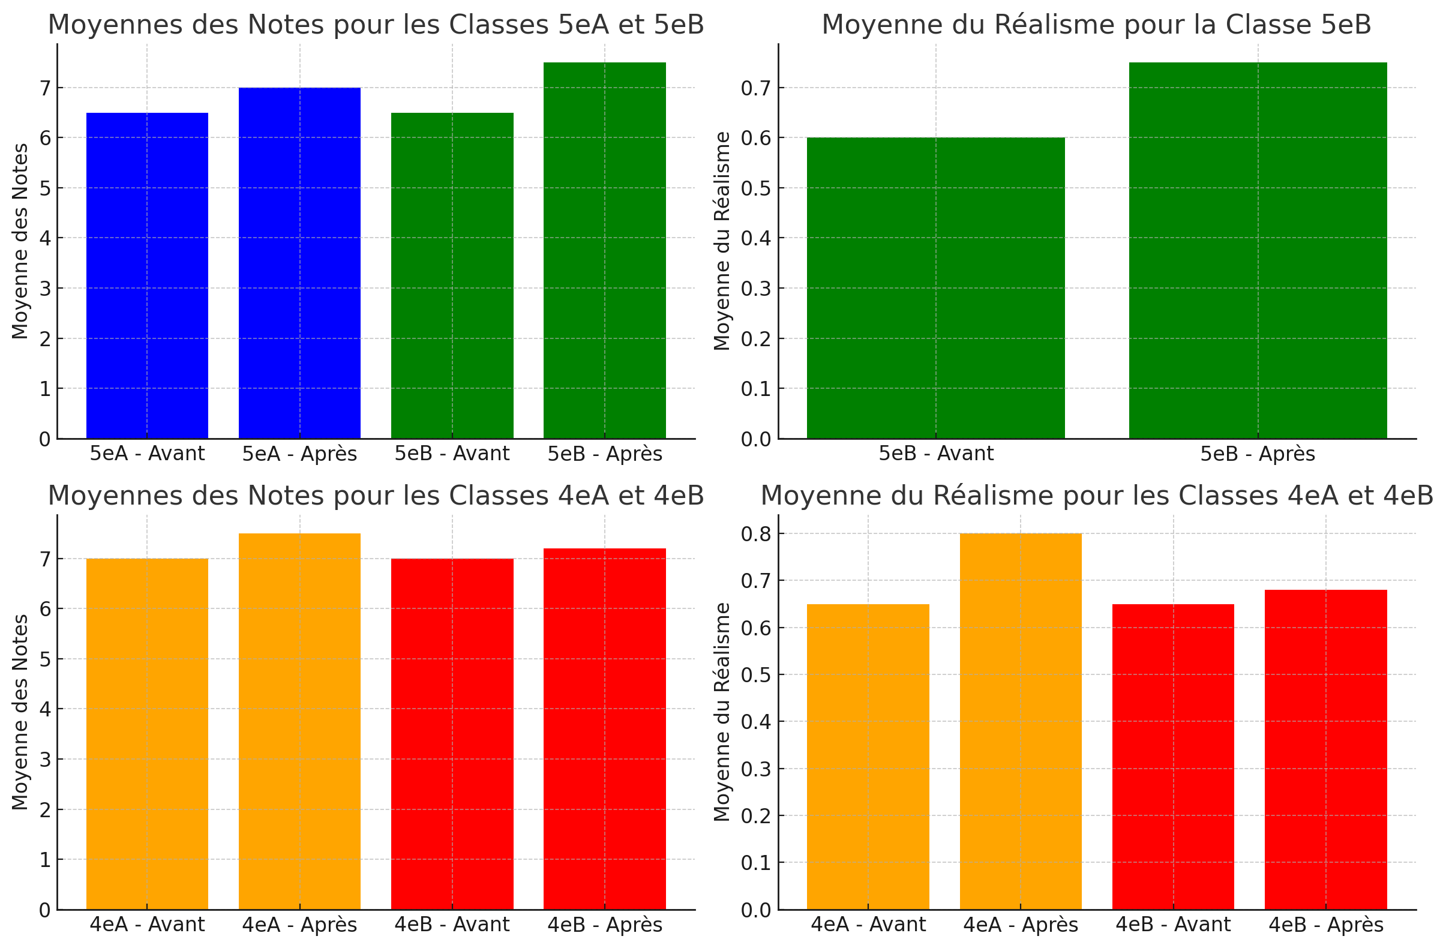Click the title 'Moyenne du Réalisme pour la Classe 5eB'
pyautogui.click(x=1097, y=25)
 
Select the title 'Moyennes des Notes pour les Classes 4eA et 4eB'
pyautogui.click(x=376, y=496)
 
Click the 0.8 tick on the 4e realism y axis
pyautogui.click(x=755, y=533)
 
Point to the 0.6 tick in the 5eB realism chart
pyautogui.click(x=755, y=138)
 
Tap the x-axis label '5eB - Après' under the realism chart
pyautogui.click(x=1258, y=454)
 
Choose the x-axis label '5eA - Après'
pyautogui.click(x=299, y=454)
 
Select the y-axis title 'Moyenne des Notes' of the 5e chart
pyautogui.click(x=20, y=241)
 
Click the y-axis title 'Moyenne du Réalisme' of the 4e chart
pyautogui.click(x=722, y=712)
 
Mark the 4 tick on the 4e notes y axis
pyautogui.click(x=45, y=709)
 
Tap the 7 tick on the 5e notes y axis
pyautogui.click(x=45, y=88)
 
